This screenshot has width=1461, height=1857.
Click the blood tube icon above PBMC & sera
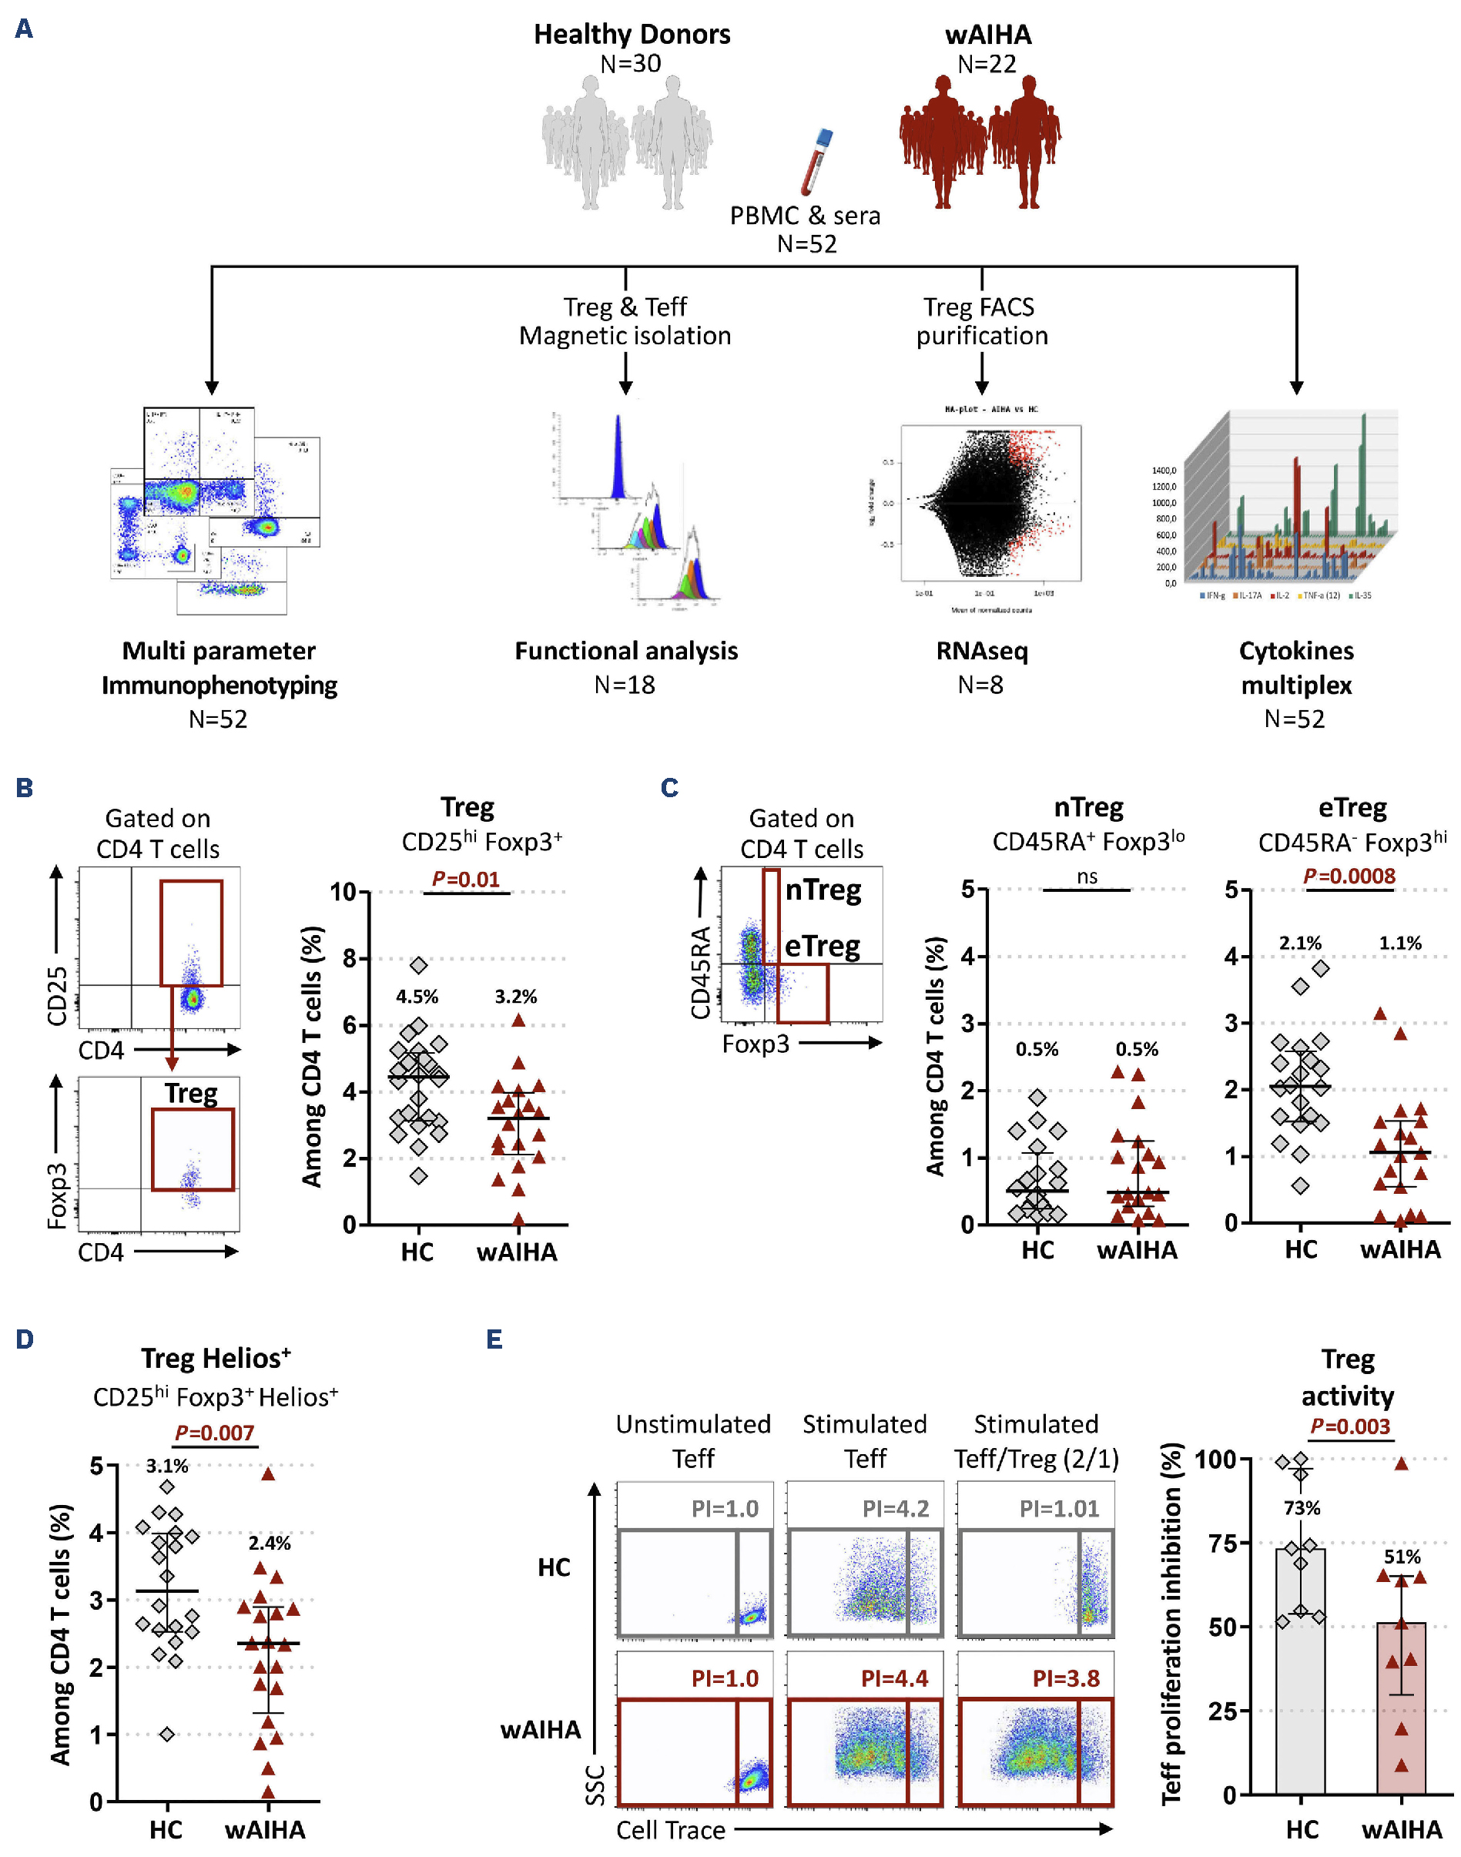coord(816,162)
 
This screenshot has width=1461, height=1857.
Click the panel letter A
coord(24,29)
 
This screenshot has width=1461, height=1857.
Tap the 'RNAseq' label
coord(981,651)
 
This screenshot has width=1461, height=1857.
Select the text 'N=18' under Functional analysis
coord(625,685)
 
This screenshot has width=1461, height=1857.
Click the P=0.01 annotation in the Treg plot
coord(465,879)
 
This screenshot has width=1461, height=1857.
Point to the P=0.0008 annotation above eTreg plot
coord(1349,876)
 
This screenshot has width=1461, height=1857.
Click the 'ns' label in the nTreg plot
coord(1087,876)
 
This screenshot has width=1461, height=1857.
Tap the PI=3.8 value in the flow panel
coord(1066,1678)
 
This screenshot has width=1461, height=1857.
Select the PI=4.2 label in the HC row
coord(895,1508)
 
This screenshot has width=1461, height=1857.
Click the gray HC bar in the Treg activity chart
coord(1300,1677)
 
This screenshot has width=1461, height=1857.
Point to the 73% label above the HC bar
coord(1302,1507)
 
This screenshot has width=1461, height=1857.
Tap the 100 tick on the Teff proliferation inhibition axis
coord(1215,1460)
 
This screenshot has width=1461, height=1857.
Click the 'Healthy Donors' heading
coord(632,34)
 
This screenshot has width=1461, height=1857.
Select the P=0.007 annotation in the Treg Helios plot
coord(214,1433)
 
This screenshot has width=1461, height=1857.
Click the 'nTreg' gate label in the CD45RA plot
coord(823,890)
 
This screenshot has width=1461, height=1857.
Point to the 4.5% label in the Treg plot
coord(417,997)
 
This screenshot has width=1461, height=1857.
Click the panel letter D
coord(24,1339)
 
